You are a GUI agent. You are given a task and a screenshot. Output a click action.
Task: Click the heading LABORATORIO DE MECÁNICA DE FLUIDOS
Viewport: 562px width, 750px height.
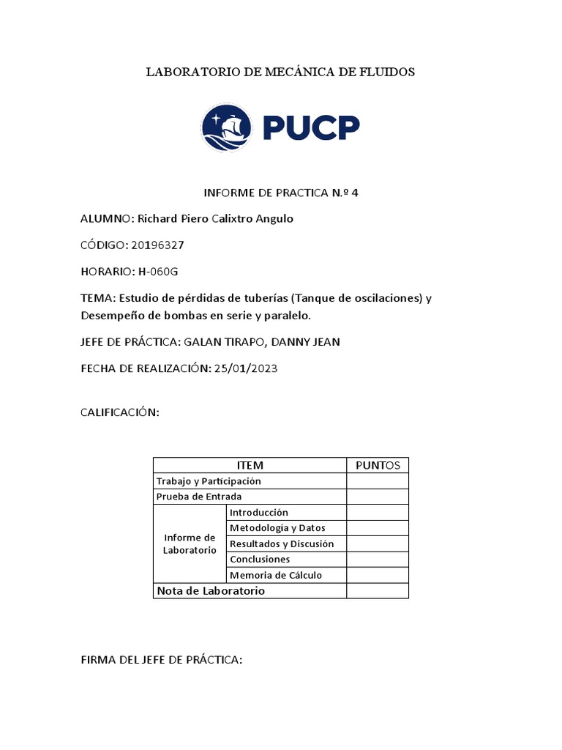tap(280, 72)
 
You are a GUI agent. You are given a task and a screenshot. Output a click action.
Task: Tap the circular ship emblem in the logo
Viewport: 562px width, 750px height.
tap(226, 127)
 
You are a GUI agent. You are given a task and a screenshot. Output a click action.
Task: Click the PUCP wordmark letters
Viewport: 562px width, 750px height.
tap(310, 128)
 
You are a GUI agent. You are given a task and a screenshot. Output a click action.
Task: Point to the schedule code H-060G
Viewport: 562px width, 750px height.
tap(158, 272)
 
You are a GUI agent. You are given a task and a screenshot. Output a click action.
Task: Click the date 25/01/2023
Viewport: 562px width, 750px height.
tap(246, 368)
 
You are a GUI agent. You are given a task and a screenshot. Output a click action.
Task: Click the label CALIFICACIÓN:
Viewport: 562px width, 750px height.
tap(119, 413)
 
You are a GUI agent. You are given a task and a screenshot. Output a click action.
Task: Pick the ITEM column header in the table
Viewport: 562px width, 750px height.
tap(250, 465)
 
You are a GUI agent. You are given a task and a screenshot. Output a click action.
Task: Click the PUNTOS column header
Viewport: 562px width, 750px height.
tap(378, 465)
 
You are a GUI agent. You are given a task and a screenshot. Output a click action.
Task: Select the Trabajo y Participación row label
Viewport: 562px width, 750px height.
tap(209, 481)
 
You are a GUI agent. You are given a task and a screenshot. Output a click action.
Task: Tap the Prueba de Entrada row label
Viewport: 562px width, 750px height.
tap(199, 497)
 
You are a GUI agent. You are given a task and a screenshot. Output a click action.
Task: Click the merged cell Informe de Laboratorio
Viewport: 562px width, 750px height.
tap(190, 543)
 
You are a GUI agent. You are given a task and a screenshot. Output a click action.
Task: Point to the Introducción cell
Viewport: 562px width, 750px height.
tap(259, 513)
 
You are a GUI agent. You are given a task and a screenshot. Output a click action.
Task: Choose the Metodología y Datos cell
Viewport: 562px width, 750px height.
tap(277, 528)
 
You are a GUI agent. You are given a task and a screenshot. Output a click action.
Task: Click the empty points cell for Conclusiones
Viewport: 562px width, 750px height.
tap(378, 560)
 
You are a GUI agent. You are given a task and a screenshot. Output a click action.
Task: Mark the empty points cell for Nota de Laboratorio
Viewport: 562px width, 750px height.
tap(378, 590)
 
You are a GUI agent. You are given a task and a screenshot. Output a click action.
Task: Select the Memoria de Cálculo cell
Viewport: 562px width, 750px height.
tap(276, 575)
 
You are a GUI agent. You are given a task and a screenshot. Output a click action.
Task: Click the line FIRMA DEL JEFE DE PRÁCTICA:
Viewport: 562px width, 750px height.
tap(161, 660)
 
